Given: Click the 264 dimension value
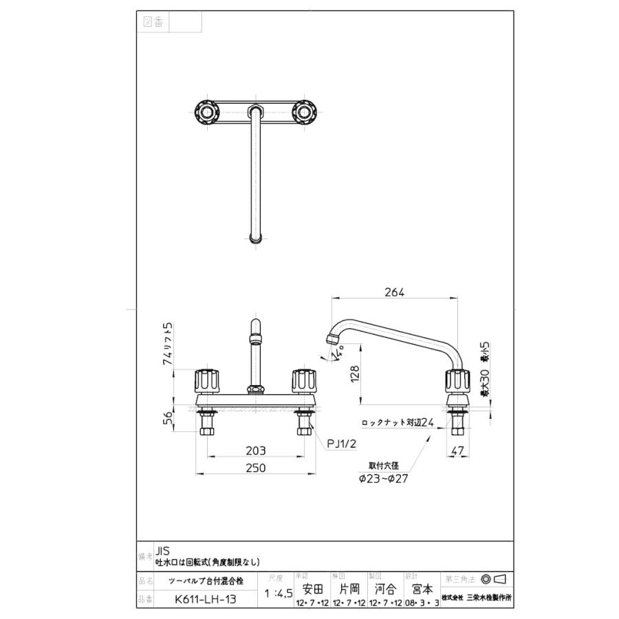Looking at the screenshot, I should coord(395,292).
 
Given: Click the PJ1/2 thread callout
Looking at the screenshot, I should coord(343,444).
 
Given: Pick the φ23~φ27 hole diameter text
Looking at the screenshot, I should coord(383,479).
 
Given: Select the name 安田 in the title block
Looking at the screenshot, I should coord(312,589).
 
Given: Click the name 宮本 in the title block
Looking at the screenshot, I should coord(422,589).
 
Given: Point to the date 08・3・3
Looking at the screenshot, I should coord(422,604).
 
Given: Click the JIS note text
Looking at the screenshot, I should coord(163,551).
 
